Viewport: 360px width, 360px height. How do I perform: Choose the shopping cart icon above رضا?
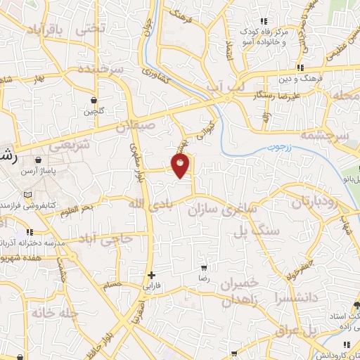coord(204,268)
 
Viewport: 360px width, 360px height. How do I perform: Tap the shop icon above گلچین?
coord(94,99)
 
